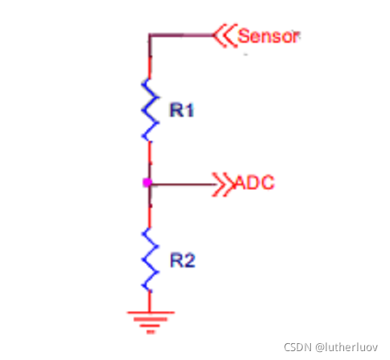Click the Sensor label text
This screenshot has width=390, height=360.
click(x=268, y=36)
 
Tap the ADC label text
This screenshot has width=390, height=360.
click(x=255, y=183)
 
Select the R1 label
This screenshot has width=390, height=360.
click(x=181, y=110)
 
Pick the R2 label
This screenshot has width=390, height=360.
click(x=183, y=260)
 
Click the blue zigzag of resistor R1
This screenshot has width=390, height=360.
click(x=150, y=110)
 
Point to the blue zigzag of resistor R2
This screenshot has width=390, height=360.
click(x=150, y=260)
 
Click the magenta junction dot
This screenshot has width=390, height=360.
click(x=147, y=183)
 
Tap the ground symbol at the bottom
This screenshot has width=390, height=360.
click(x=151, y=322)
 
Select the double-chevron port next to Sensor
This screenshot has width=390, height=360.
click(x=225, y=35)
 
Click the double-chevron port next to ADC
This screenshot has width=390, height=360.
click(x=223, y=184)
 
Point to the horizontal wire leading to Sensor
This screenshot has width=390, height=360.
click(x=181, y=35)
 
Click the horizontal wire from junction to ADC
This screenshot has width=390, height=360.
click(x=184, y=184)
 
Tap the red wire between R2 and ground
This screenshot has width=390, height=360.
click(x=150, y=301)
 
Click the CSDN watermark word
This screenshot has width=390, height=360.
click(x=297, y=347)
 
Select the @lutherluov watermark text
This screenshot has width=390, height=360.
click(x=346, y=347)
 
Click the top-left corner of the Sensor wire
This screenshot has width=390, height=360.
click(x=150, y=35)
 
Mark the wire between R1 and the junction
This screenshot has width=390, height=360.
click(x=150, y=161)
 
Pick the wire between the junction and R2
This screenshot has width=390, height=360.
click(x=150, y=207)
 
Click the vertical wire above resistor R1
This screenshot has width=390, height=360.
click(x=150, y=57)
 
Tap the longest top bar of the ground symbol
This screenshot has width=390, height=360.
click(x=151, y=312)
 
